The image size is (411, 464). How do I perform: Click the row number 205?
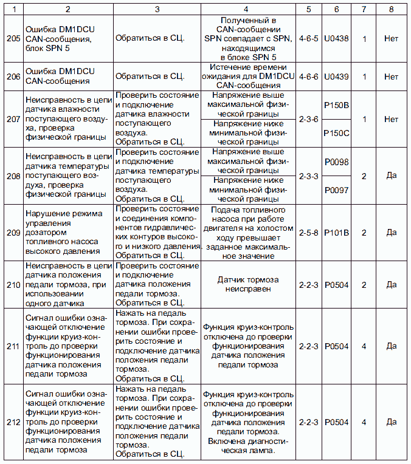pos(12,38)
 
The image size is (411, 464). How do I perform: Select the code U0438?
pos(336,38)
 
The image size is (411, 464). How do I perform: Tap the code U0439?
pos(336,77)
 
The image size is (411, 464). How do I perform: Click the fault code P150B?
pos(336,106)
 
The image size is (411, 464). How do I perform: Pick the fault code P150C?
pos(336,132)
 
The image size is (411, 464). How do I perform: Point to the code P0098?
pos(336,162)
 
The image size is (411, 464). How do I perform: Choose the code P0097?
pos(336,190)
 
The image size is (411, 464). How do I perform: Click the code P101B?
pos(336,232)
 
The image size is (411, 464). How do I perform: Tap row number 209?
pos(12,232)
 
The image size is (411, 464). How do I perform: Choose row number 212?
pos(12,421)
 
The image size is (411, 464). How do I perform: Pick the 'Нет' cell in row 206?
pos(391,77)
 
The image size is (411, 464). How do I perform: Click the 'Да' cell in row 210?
pos(391,284)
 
